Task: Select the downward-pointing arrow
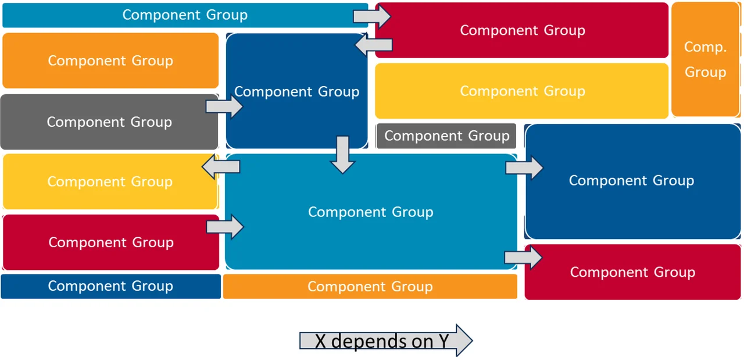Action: [343, 155]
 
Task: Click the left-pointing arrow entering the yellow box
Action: [220, 167]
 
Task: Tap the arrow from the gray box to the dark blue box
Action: [224, 107]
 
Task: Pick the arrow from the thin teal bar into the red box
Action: [373, 16]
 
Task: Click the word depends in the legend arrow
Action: [377, 341]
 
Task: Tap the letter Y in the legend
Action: [444, 341]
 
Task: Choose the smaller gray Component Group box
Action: [446, 136]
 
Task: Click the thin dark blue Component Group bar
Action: [110, 286]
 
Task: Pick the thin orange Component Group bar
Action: [370, 287]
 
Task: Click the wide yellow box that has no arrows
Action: [521, 91]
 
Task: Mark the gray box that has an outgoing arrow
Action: [109, 122]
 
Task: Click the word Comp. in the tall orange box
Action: [705, 48]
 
